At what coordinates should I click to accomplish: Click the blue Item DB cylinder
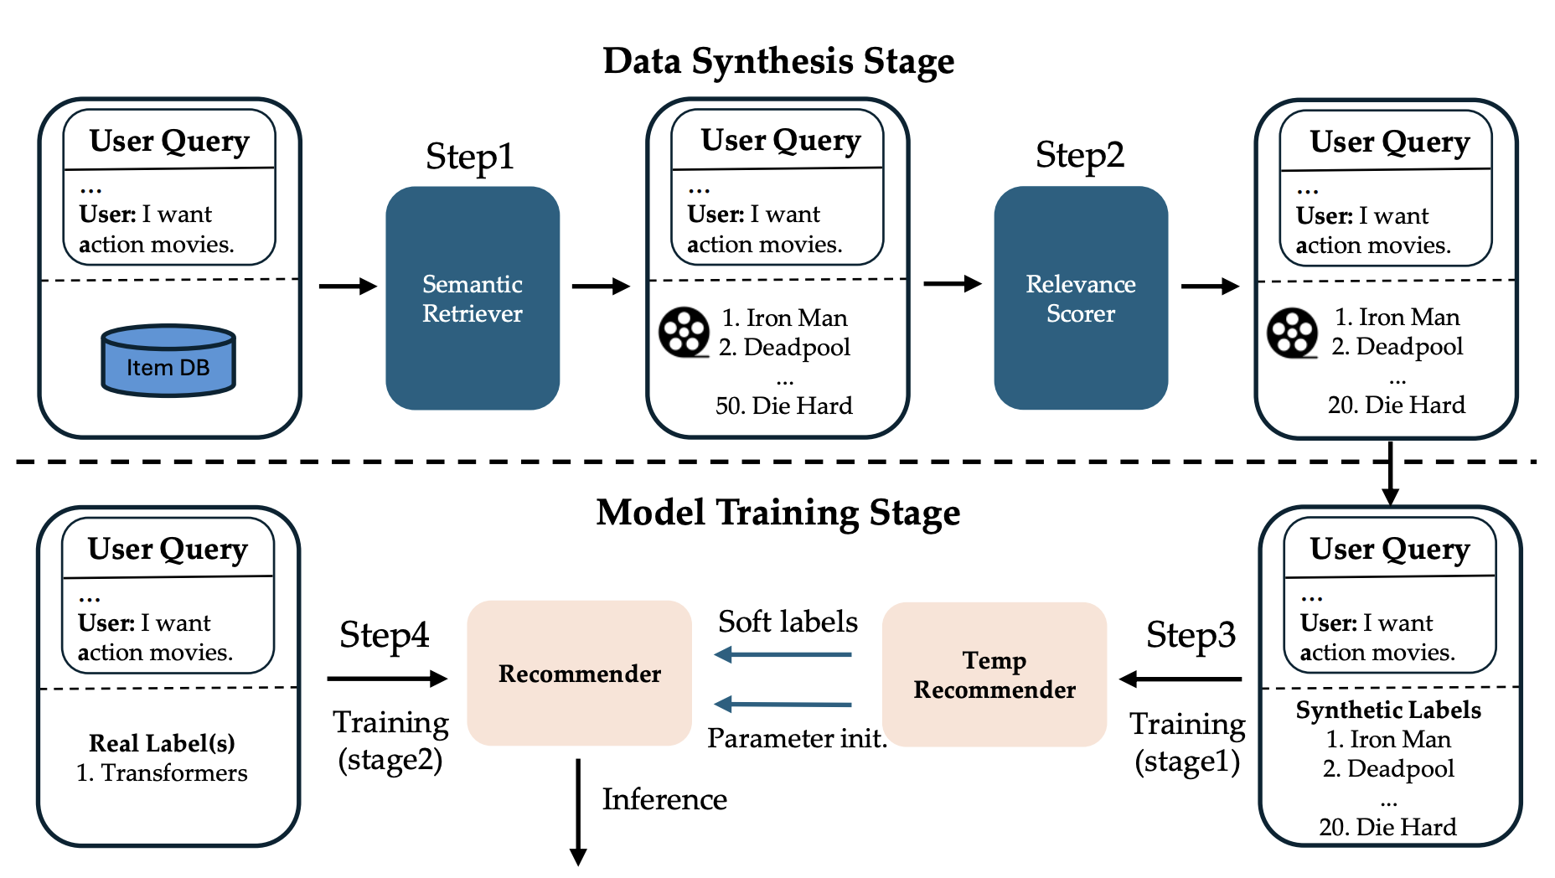(168, 360)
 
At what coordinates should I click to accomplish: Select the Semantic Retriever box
(473, 298)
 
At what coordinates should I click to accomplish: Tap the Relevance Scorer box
(1081, 298)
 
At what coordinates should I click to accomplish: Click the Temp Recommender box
(994, 674)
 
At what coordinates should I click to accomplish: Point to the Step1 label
(470, 157)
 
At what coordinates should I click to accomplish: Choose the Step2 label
(1080, 155)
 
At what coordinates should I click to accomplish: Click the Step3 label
(1191, 635)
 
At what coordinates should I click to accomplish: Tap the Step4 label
(384, 635)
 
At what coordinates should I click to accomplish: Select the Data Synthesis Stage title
(778, 61)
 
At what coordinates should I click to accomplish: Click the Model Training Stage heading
(778, 513)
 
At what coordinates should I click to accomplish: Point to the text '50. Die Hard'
(784, 405)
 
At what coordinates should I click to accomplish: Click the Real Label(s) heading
(162, 743)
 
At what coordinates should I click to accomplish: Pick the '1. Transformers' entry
(162, 772)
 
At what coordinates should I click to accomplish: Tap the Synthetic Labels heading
(1388, 710)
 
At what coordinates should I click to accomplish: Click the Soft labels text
(788, 622)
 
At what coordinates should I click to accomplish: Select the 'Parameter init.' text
(797, 738)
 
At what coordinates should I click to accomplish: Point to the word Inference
(664, 799)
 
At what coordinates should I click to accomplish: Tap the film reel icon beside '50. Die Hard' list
(685, 333)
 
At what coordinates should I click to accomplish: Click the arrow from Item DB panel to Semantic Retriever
(349, 287)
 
